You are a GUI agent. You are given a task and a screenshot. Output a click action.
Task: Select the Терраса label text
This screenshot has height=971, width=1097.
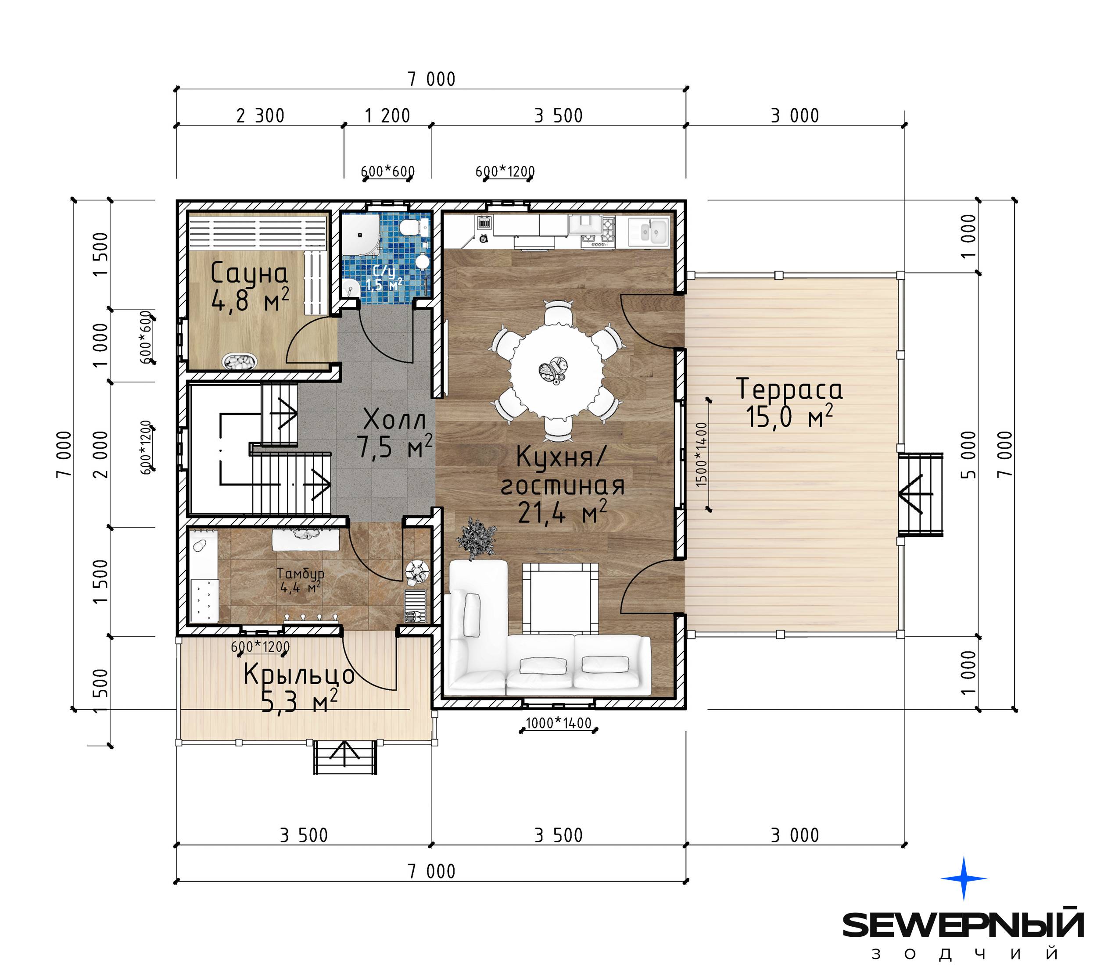pyautogui.click(x=789, y=389)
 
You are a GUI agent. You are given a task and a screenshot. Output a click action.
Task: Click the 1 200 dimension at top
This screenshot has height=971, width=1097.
pyautogui.click(x=387, y=115)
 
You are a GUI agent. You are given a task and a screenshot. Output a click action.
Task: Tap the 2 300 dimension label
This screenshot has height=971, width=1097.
pyautogui.click(x=260, y=115)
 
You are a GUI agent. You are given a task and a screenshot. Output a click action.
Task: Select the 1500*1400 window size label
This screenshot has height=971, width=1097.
pyautogui.click(x=702, y=454)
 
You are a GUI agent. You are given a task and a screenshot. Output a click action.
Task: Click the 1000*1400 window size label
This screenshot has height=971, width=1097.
pyautogui.click(x=558, y=723)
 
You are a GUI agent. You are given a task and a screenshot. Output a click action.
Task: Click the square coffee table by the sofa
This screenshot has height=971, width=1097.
pyautogui.click(x=560, y=598)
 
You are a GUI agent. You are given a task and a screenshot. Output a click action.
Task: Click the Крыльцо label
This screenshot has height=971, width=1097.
pyautogui.click(x=299, y=674)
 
